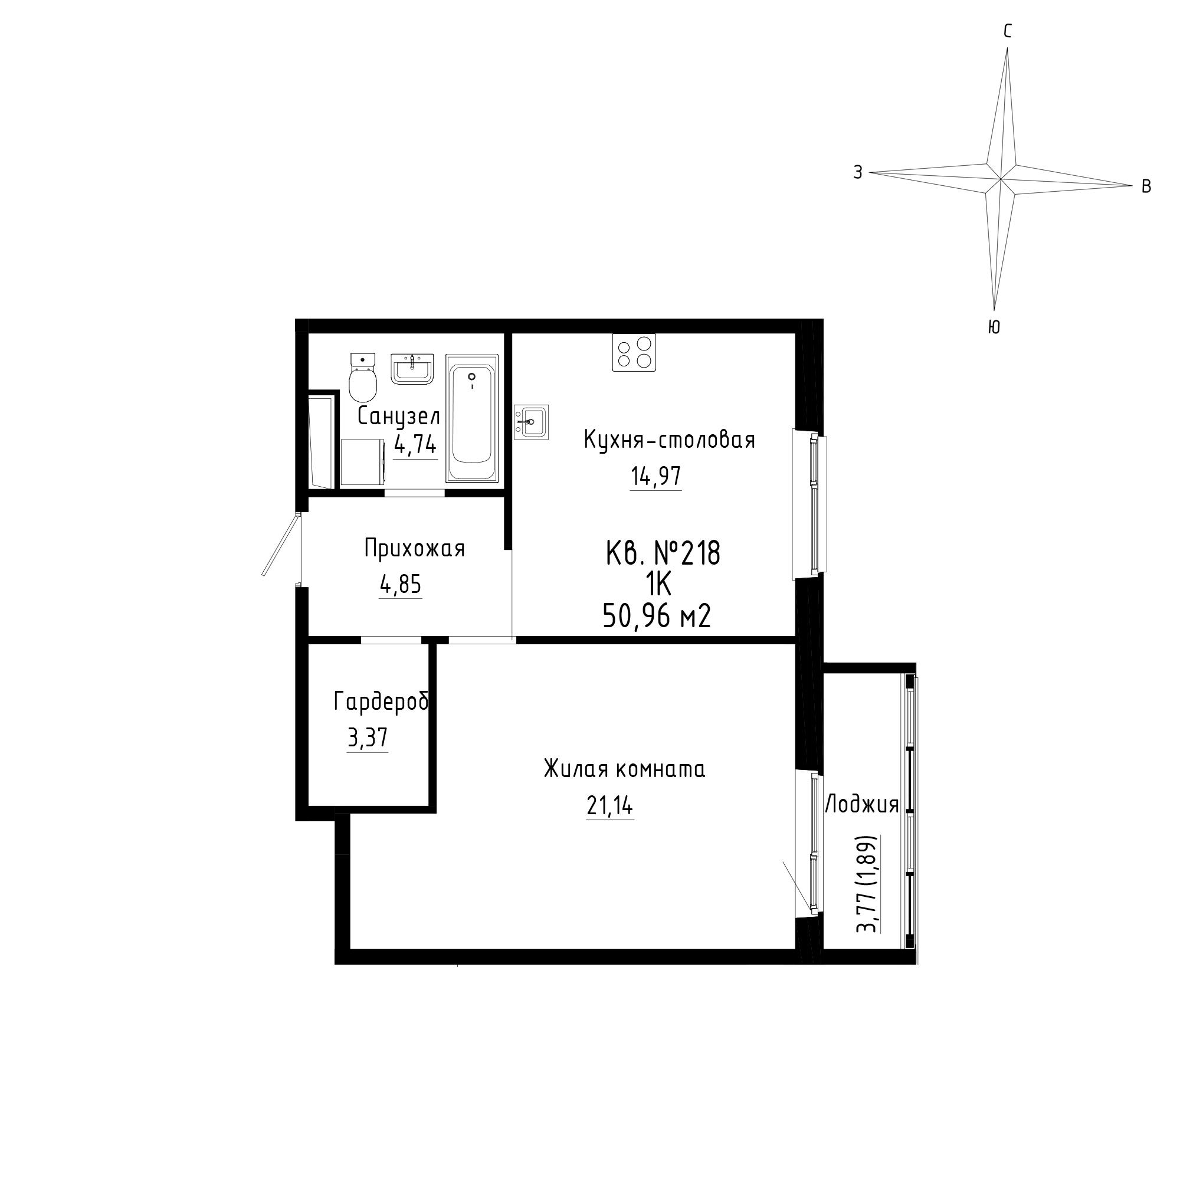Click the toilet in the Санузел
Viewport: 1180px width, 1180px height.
click(x=363, y=376)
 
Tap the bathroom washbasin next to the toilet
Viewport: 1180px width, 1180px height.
click(x=412, y=369)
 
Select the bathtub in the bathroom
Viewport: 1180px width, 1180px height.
click(x=471, y=418)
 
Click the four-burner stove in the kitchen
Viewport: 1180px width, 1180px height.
click(x=634, y=352)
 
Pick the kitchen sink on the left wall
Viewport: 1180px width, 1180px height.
click(x=532, y=421)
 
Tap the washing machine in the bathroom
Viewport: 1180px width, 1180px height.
click(x=363, y=463)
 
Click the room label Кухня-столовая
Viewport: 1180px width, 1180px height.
click(x=670, y=440)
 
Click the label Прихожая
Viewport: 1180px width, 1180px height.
click(x=415, y=549)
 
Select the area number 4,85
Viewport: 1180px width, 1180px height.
click(x=401, y=585)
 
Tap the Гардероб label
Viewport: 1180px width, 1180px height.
click(x=382, y=702)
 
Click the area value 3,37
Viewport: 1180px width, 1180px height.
click(x=368, y=739)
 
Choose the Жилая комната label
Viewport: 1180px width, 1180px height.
click(x=624, y=769)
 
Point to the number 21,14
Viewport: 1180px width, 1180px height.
click(x=610, y=806)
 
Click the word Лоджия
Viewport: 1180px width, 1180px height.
click(x=862, y=805)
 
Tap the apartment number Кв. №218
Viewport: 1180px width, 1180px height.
click(x=663, y=553)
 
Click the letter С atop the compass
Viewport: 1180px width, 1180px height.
click(x=1008, y=31)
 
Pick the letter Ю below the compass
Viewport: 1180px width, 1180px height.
click(x=994, y=327)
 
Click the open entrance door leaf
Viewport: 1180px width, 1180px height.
click(x=281, y=545)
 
